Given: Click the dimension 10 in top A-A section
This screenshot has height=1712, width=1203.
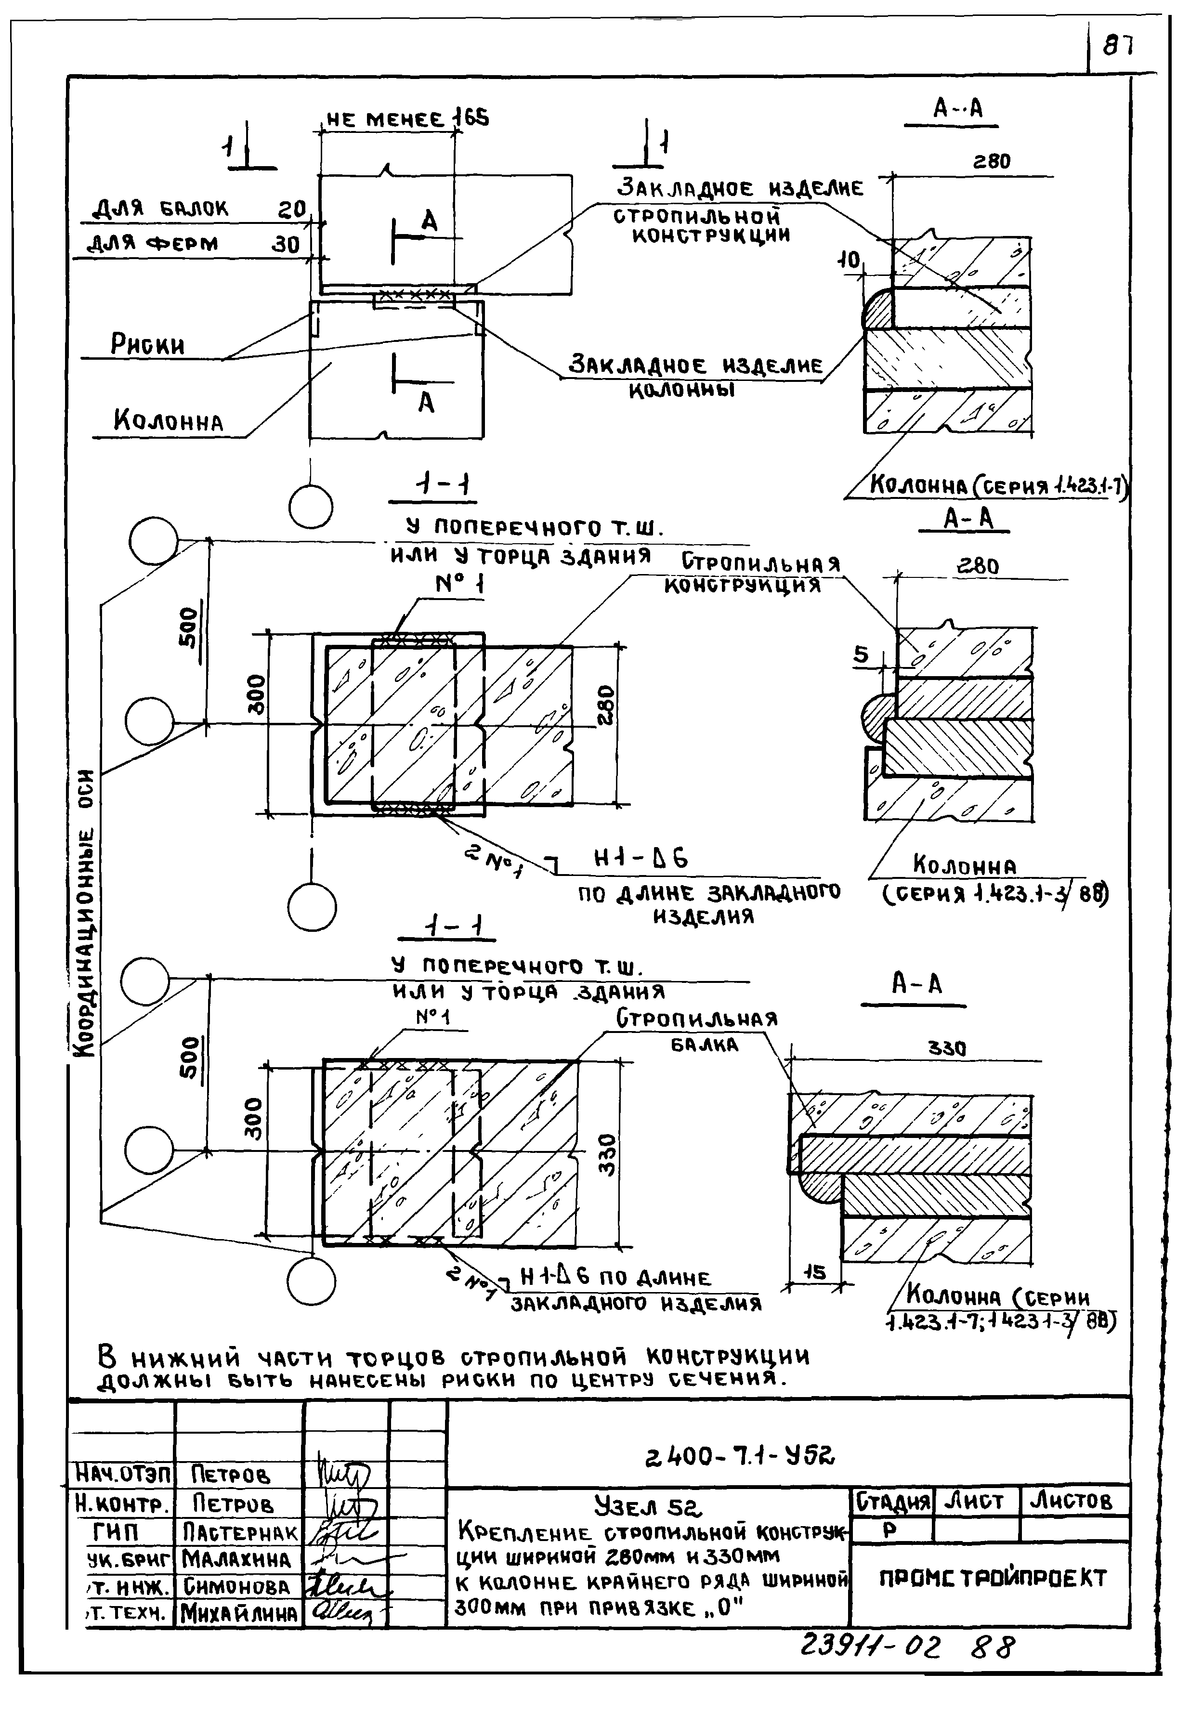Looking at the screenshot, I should (848, 260).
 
